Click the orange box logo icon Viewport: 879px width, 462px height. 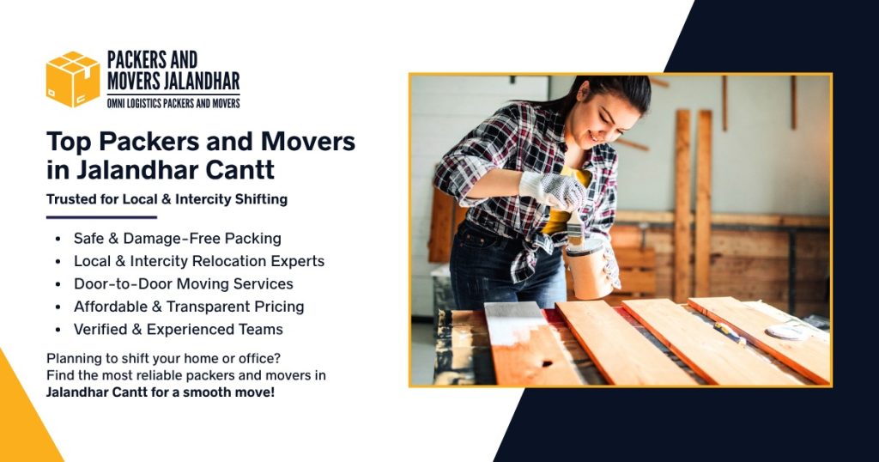[73, 79]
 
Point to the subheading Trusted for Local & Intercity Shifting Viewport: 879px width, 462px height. [167, 199]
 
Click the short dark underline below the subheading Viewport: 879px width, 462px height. [89, 217]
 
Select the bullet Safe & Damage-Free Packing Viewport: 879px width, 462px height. [177, 238]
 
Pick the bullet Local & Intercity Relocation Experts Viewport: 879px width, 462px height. [198, 261]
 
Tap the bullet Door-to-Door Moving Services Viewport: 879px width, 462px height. [183, 283]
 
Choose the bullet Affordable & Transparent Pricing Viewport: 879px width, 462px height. [189, 307]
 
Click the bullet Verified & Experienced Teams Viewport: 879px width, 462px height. [178, 329]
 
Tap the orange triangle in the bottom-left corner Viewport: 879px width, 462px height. [21, 421]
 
